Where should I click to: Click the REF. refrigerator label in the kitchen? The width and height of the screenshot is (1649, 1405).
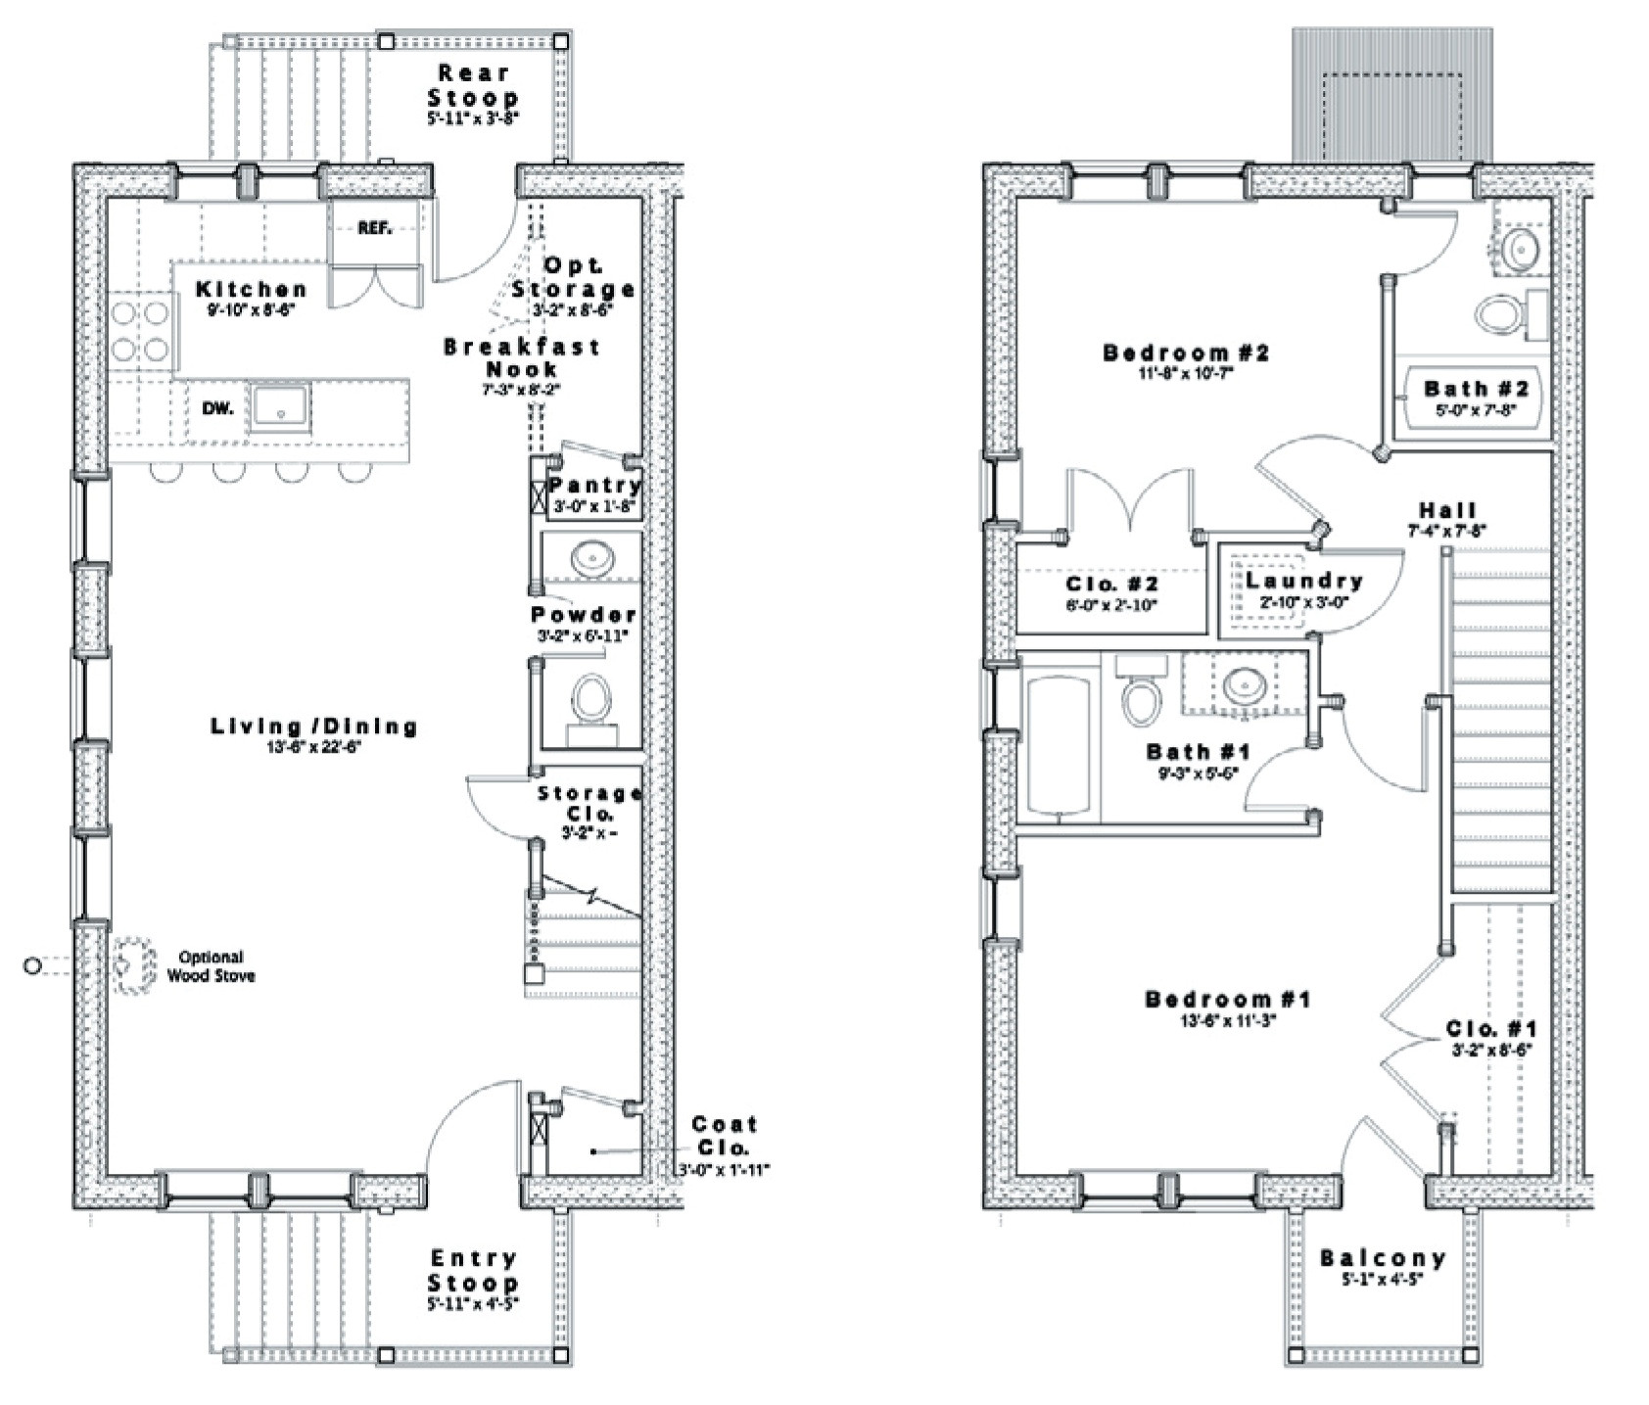pos(374,229)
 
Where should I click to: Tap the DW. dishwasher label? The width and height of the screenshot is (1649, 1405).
pos(217,408)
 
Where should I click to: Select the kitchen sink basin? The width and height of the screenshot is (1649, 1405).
pos(280,406)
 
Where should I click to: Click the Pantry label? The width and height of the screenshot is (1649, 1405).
pos(594,486)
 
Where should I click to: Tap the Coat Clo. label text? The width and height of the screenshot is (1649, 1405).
pos(724,1136)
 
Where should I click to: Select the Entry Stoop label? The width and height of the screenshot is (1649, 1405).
pos(473,1270)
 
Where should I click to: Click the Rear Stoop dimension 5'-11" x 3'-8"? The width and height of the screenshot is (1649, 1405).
pos(472,117)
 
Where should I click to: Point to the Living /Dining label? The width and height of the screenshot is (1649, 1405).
pos(314,726)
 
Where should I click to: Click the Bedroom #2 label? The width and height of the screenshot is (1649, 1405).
pos(1185,352)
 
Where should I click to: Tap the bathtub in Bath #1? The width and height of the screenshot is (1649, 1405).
pos(1058,741)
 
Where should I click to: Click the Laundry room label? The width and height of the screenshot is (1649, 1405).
pos(1304,581)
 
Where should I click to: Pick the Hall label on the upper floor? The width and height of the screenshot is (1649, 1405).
pos(1447,510)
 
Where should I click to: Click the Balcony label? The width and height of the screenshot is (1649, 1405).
pos(1383,1258)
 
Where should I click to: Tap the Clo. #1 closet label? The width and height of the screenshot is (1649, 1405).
pos(1490,1029)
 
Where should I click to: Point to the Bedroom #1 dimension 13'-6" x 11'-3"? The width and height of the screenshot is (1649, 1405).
pos(1228,1019)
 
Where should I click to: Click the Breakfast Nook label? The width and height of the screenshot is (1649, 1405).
pos(521,357)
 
